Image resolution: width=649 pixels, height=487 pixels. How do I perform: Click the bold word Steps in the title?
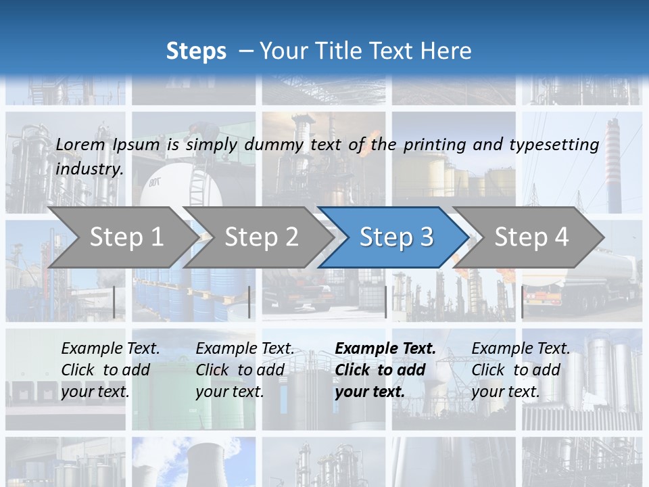tap(196, 51)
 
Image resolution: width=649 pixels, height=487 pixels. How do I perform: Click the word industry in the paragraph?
tap(89, 168)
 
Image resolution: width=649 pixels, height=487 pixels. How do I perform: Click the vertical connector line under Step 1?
tap(114, 302)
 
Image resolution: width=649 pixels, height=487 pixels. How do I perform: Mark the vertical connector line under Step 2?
tap(249, 302)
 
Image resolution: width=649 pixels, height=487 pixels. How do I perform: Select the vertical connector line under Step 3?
tap(385, 302)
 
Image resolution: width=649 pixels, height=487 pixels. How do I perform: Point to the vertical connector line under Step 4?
tap(522, 302)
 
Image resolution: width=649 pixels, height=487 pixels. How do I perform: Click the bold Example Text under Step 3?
tap(385, 348)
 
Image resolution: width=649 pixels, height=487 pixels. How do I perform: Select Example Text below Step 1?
tap(110, 348)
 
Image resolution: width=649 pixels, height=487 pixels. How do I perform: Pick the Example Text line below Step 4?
tap(521, 348)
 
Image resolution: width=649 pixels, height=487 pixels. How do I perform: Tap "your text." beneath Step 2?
tap(229, 392)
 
